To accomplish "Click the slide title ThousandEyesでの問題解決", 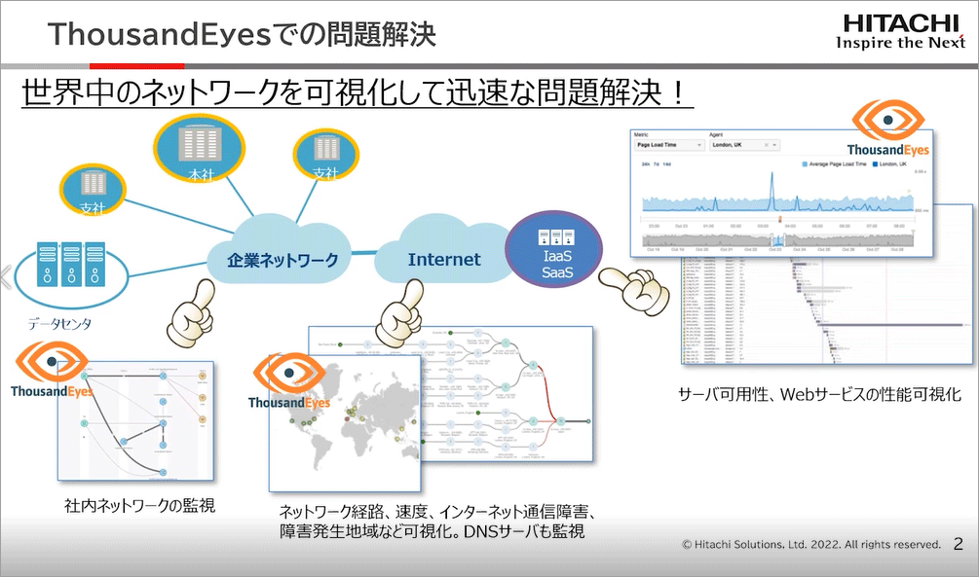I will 242,35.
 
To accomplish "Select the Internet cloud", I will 444,259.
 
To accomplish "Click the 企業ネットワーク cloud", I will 282,260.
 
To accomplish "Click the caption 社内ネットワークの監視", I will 139,506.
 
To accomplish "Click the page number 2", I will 958,544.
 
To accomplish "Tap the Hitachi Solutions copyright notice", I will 811,545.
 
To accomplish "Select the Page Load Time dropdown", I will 669,145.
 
